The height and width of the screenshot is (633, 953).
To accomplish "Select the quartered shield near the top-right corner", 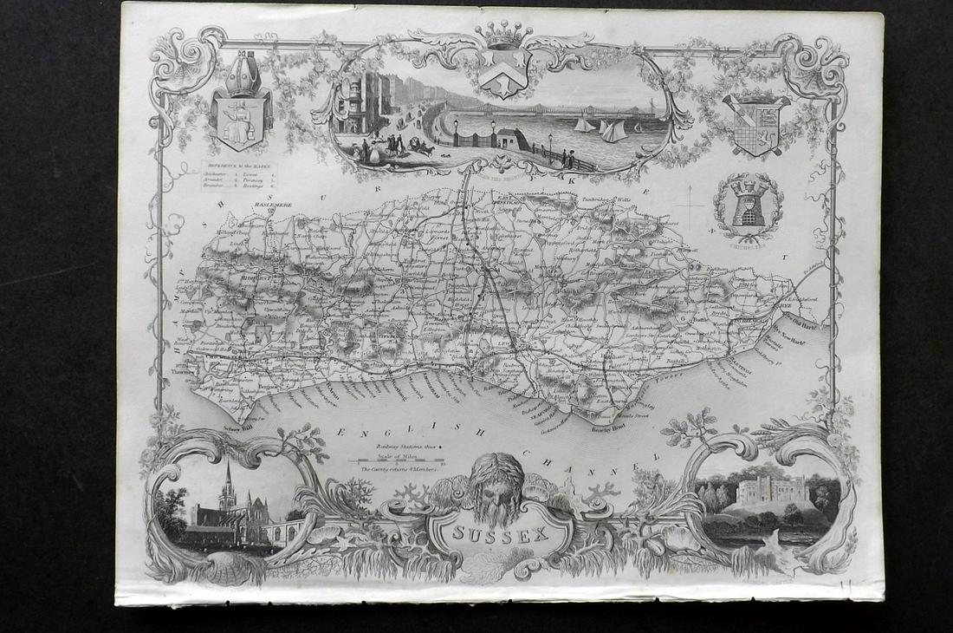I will tap(756, 126).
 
